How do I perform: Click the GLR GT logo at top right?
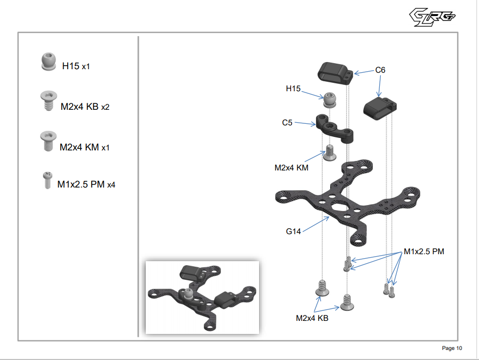432,18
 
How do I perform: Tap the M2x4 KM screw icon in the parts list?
47,141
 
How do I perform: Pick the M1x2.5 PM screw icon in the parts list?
46,180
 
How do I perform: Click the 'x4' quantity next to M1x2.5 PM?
111,185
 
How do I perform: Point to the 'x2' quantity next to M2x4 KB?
105,107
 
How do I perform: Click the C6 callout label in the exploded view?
380,70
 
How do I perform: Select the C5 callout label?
287,122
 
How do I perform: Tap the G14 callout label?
294,231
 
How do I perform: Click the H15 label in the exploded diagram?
293,89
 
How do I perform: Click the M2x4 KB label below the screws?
312,318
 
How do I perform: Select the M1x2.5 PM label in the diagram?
424,252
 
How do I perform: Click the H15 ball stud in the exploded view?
329,100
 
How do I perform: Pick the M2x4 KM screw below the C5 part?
329,152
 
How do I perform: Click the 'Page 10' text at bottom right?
452,348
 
